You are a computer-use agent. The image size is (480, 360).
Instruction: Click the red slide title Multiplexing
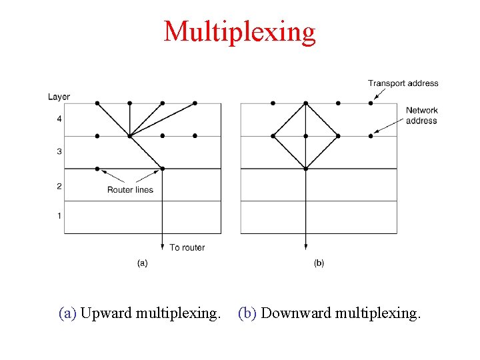[x=239, y=31]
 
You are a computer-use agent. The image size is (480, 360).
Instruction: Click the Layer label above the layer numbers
[x=59, y=97]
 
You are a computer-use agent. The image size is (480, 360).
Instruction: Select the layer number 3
[x=59, y=152]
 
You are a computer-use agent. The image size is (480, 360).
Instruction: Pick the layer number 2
[x=59, y=186]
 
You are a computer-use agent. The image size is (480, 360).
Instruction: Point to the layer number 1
[x=59, y=216]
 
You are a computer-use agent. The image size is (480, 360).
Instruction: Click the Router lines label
[x=130, y=190]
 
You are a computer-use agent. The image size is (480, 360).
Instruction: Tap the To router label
[x=187, y=247]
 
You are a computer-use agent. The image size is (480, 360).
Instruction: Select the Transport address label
[x=403, y=83]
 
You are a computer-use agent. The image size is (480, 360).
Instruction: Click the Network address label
[x=421, y=115]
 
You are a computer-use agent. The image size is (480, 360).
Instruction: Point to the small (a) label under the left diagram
[x=142, y=263]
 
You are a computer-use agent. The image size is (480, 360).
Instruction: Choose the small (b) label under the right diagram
[x=319, y=263]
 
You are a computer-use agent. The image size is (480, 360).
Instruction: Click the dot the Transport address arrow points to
[x=371, y=103]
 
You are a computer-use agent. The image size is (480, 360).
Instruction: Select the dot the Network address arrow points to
[x=371, y=136]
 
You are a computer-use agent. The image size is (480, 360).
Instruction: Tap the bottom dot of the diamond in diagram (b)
[x=305, y=169]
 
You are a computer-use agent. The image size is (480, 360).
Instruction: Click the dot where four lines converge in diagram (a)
[x=130, y=136]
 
